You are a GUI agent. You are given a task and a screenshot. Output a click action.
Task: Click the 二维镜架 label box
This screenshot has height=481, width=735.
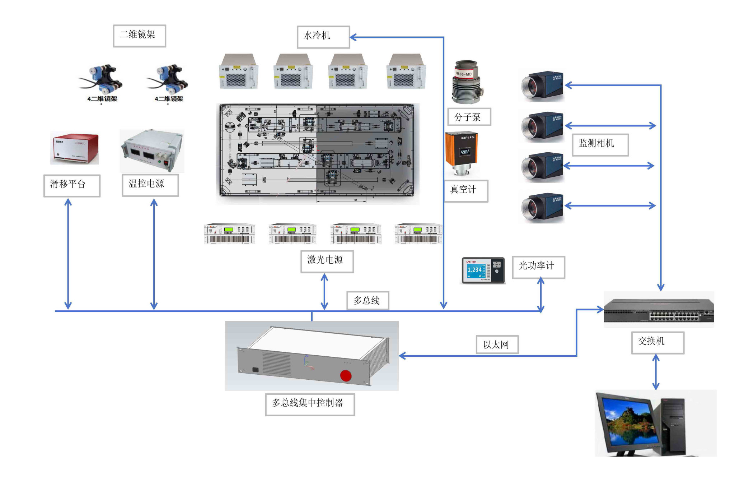pos(139,36)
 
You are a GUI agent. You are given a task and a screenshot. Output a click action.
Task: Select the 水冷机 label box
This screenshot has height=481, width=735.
pos(323,37)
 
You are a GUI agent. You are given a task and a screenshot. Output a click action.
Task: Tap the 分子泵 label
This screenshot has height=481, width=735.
pos(469,117)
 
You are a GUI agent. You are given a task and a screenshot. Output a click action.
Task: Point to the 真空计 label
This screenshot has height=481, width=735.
pos(465,190)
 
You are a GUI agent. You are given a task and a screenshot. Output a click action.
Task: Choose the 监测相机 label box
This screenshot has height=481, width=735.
pos(600,144)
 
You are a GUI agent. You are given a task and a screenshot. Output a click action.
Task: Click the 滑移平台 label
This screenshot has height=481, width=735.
pos(72,185)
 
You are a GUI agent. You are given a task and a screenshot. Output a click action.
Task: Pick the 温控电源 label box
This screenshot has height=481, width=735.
pos(150,185)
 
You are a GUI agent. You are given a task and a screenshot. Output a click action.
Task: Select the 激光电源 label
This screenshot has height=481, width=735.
pos(327,261)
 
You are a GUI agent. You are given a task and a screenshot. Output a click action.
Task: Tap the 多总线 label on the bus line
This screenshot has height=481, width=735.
pos(367,300)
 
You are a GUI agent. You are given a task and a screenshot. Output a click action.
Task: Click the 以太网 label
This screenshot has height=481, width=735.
pos(497,344)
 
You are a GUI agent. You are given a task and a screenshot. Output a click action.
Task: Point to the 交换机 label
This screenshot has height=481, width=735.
pos(657,342)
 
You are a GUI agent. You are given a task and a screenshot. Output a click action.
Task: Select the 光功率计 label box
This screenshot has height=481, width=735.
pos(538,267)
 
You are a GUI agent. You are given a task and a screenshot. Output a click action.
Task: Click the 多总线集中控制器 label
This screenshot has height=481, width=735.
pos(309,404)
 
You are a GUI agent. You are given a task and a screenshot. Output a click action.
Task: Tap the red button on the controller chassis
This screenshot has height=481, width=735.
pos(346,376)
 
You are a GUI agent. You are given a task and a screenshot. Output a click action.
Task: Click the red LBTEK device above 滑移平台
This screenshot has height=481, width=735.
pos(74,148)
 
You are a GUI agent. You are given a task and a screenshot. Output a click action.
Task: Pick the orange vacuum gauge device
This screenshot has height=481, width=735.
pos(463,153)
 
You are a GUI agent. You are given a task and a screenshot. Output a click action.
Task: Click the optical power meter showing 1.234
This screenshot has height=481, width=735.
pos(483,270)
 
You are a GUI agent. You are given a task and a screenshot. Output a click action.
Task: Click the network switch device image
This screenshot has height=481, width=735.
pos(659,310)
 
